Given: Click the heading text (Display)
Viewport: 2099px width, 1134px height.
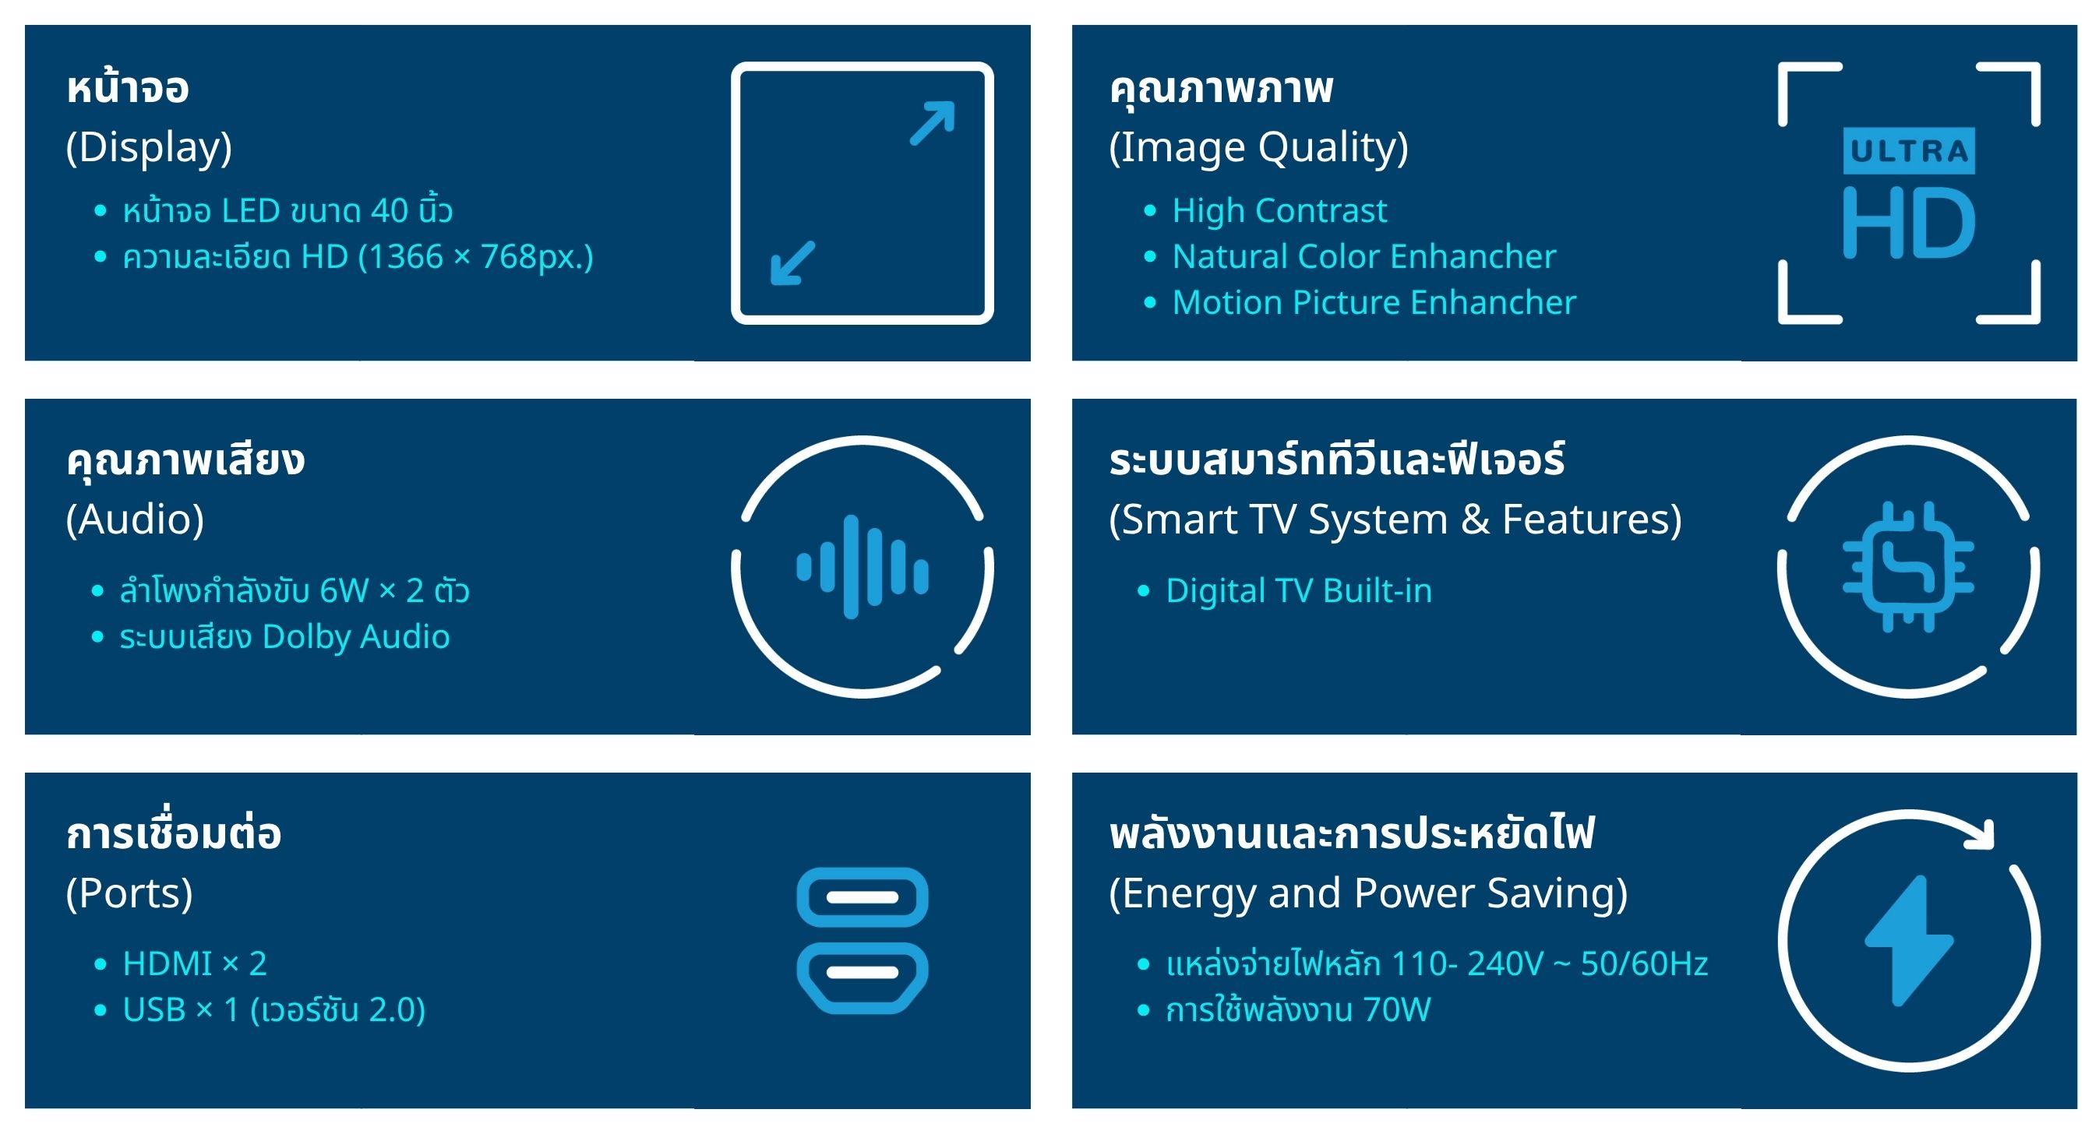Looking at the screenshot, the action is (x=148, y=148).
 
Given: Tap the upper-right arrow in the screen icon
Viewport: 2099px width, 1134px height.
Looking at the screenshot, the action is (x=932, y=123).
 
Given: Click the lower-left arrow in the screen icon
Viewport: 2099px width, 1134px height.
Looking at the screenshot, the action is (x=793, y=262).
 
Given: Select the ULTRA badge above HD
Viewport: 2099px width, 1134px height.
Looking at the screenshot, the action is (x=1908, y=151).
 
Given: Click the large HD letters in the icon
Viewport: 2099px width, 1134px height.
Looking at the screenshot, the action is (x=1908, y=223).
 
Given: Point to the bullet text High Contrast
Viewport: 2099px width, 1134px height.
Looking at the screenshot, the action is (x=1279, y=211).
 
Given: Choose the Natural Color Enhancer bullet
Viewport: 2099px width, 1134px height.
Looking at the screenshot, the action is (x=1364, y=256).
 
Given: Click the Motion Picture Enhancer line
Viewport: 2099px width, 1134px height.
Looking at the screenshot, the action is (x=1374, y=302).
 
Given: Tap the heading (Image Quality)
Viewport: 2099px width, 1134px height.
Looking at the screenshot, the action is (x=1258, y=148).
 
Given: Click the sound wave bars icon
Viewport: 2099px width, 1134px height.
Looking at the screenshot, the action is (x=862, y=567).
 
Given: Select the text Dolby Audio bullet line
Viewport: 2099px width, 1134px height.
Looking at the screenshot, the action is (x=284, y=637).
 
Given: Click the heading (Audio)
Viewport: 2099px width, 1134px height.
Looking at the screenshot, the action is (x=135, y=520).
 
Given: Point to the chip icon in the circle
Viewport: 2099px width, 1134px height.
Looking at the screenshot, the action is (x=1908, y=567).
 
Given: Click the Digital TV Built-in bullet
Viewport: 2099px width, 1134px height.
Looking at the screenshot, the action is (x=1299, y=590).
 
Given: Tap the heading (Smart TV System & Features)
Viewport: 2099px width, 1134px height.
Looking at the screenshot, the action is (x=1395, y=520).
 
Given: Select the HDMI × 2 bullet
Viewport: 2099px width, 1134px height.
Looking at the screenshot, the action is (x=195, y=964).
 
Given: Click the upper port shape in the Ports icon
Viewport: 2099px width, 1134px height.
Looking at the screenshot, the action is (x=862, y=897).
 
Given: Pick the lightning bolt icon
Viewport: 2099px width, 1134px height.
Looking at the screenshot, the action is (x=1908, y=941).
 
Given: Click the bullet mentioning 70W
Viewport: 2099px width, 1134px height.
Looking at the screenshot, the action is (x=1298, y=1011).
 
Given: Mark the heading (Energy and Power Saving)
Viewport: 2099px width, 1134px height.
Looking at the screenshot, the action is (x=1368, y=894).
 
